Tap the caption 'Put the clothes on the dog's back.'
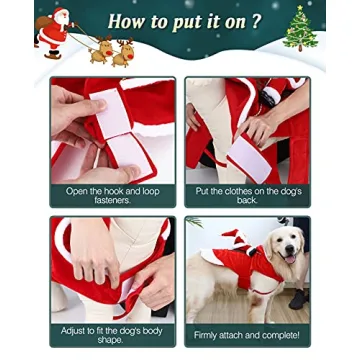click(247, 196)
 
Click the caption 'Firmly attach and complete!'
click(247, 334)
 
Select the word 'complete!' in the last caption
click(279, 334)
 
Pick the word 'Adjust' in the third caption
click(74, 328)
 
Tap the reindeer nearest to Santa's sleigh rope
click(99, 50)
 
